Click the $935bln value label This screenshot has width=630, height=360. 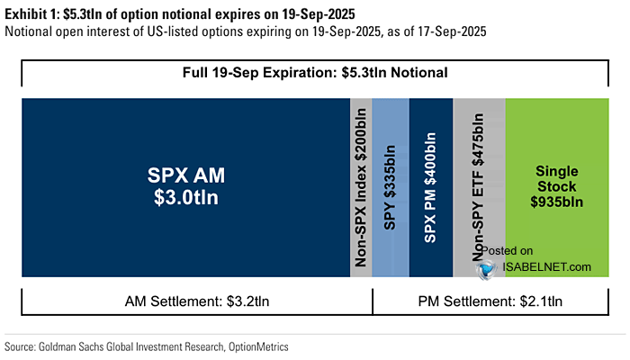point(558,203)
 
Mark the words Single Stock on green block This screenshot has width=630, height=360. point(558,178)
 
